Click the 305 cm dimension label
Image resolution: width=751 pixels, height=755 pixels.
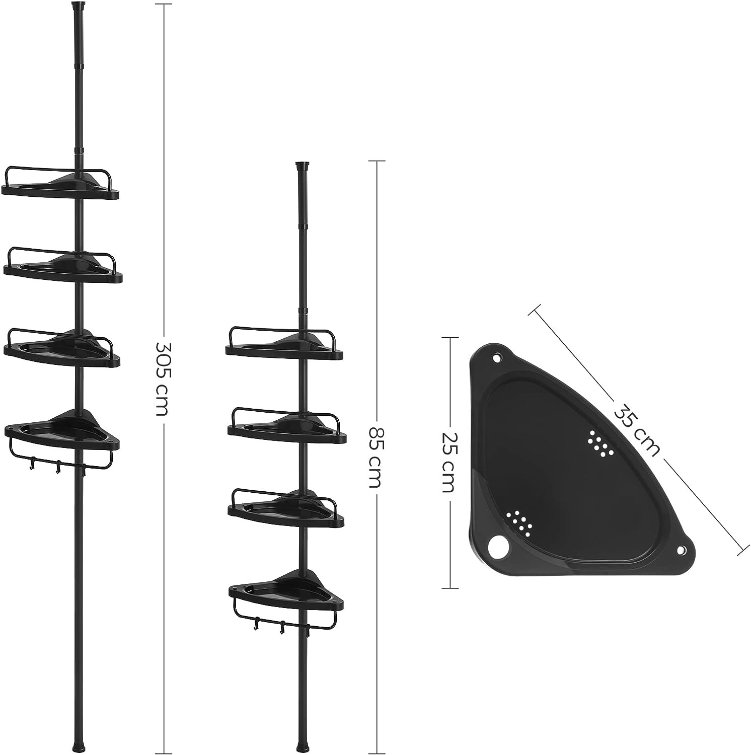click(x=162, y=379)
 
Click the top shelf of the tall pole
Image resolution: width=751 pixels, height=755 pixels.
click(x=60, y=184)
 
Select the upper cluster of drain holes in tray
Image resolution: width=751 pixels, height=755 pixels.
click(x=599, y=442)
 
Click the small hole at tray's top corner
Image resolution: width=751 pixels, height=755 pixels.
click(x=497, y=358)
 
